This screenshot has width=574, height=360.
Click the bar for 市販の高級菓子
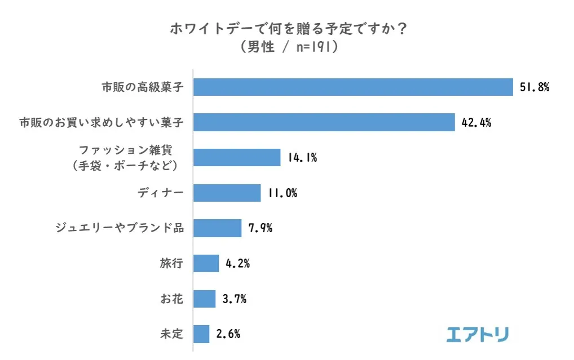(x=353, y=87)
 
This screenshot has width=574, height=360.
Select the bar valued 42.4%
(x=324, y=122)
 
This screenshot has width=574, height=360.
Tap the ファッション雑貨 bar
(x=237, y=158)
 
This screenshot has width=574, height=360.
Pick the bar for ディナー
(x=227, y=193)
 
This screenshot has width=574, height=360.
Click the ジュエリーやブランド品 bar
(x=217, y=228)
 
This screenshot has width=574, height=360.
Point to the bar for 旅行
(x=206, y=263)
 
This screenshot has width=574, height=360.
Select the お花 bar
(x=204, y=299)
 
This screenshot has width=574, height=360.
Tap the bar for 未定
(x=201, y=334)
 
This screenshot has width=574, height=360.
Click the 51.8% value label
(x=534, y=87)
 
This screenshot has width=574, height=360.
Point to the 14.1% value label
(x=302, y=158)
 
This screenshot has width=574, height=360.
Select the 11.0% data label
(x=282, y=193)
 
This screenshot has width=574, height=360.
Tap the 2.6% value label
(x=228, y=334)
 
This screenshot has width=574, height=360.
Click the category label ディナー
(x=161, y=193)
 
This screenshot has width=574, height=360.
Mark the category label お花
(x=171, y=299)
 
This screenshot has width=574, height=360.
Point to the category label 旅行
(x=171, y=263)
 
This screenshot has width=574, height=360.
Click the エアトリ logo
(x=477, y=334)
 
